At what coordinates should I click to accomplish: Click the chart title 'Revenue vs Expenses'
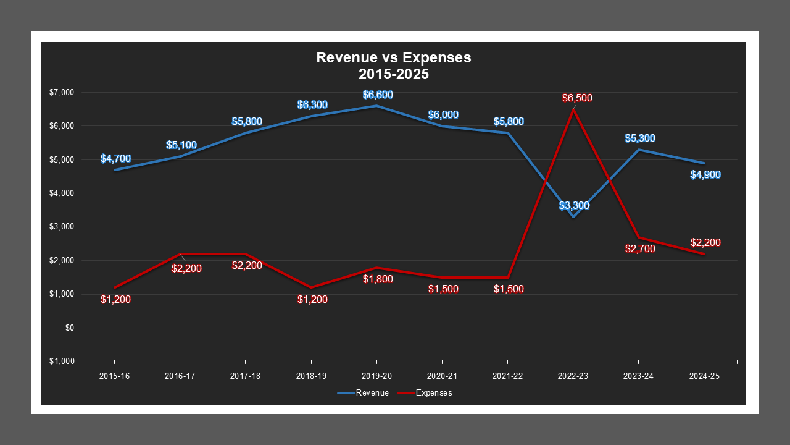[393, 57]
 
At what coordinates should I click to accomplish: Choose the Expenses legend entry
[433, 393]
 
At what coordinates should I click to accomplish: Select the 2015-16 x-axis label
[115, 376]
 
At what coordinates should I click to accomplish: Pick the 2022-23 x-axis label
[573, 376]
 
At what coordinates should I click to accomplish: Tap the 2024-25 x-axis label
[704, 376]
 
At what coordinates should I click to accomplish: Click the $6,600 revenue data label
[378, 95]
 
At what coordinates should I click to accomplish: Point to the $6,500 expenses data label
[577, 98]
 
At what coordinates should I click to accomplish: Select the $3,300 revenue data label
[574, 205]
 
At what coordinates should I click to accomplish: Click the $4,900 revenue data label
[705, 175]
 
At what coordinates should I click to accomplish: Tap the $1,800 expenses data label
[378, 279]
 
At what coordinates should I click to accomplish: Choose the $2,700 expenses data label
[639, 249]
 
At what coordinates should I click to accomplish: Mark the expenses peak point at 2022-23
[573, 110]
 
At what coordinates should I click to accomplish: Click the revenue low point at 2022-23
[573, 217]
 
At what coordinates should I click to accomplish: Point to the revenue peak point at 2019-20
[377, 106]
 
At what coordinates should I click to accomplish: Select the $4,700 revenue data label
[115, 159]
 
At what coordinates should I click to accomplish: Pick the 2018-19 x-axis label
[311, 376]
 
